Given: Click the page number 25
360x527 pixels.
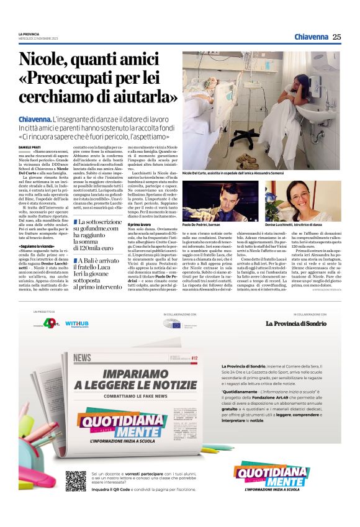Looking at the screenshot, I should pyautogui.click(x=336, y=37).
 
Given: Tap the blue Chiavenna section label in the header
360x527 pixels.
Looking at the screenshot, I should pyautogui.click(x=310, y=37).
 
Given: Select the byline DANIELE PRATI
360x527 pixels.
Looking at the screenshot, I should pyautogui.click(x=29, y=146).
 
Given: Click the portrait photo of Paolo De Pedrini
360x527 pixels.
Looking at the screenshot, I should pyautogui.click(x=220, y=200).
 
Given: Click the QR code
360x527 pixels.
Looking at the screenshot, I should pyautogui.click(x=76, y=480).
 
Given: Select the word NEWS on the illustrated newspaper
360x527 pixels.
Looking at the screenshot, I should pyautogui.click(x=82, y=358).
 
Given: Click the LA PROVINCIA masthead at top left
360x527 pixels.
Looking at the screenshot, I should pyautogui.click(x=29, y=34).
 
